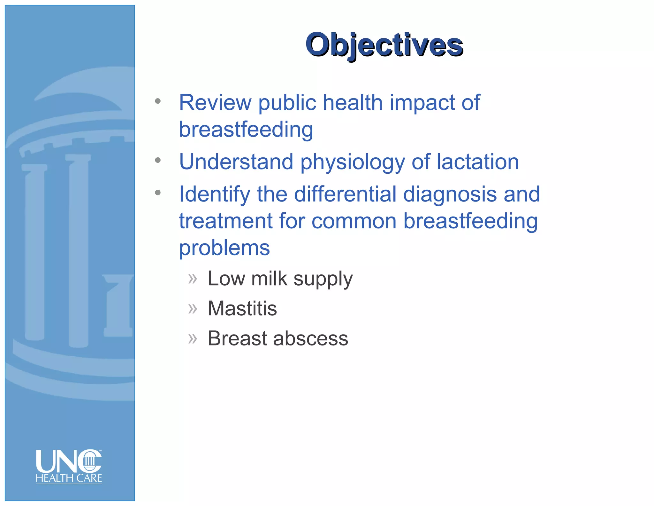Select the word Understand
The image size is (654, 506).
(x=236, y=162)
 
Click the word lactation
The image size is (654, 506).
(x=477, y=162)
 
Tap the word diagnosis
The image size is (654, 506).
(x=450, y=194)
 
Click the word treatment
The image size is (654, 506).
(x=225, y=221)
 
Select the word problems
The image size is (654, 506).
(x=224, y=248)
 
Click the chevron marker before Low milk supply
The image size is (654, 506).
(x=193, y=279)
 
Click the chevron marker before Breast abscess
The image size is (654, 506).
(x=193, y=338)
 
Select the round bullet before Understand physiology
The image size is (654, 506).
(x=158, y=160)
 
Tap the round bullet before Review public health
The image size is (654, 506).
(x=158, y=101)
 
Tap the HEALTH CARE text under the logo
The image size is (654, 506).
(x=69, y=478)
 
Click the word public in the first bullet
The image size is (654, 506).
(x=287, y=103)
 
